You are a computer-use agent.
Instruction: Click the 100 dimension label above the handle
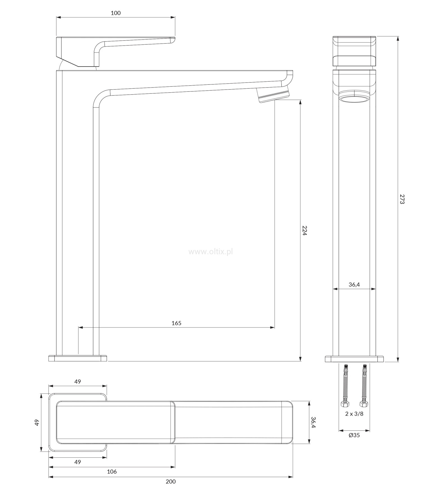click(x=116, y=13)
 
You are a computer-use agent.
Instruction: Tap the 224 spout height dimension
click(x=305, y=230)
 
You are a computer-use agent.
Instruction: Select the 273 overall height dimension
click(x=402, y=199)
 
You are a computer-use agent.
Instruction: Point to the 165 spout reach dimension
click(x=177, y=323)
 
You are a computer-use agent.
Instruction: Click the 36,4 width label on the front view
click(x=354, y=285)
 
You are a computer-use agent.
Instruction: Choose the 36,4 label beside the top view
click(x=314, y=422)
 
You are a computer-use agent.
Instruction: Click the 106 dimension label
click(x=112, y=471)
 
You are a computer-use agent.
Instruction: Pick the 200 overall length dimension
click(x=171, y=482)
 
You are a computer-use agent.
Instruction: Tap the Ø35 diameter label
click(x=354, y=435)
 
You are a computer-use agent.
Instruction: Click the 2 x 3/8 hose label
click(x=354, y=414)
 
